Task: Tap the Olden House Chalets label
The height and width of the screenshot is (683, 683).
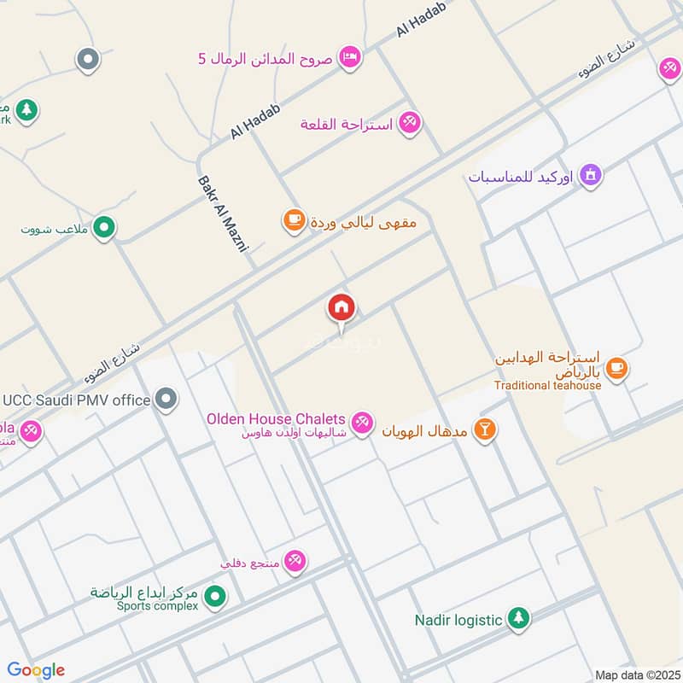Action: click(x=276, y=419)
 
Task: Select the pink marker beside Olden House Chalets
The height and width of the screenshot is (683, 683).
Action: click(x=363, y=422)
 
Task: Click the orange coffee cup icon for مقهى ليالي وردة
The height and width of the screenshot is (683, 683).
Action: click(x=294, y=221)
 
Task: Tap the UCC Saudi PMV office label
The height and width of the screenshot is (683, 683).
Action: click(x=77, y=399)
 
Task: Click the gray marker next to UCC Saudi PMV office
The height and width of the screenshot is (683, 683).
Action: click(x=167, y=399)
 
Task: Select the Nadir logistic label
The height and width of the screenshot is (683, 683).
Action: click(x=458, y=620)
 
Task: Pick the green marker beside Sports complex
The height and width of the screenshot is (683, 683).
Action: click(x=216, y=596)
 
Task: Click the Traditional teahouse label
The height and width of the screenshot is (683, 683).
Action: click(x=547, y=385)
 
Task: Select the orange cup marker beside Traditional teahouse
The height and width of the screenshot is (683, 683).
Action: click(x=616, y=369)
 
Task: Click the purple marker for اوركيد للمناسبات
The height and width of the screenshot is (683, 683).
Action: click(x=590, y=177)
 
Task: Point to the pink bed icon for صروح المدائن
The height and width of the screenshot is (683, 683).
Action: click(x=349, y=57)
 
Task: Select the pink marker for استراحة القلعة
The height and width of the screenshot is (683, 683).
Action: click(x=409, y=123)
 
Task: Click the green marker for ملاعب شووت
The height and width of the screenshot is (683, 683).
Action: click(x=104, y=227)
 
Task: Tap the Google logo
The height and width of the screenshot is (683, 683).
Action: click(x=36, y=670)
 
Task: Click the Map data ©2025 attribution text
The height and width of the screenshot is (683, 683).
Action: click(x=635, y=674)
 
